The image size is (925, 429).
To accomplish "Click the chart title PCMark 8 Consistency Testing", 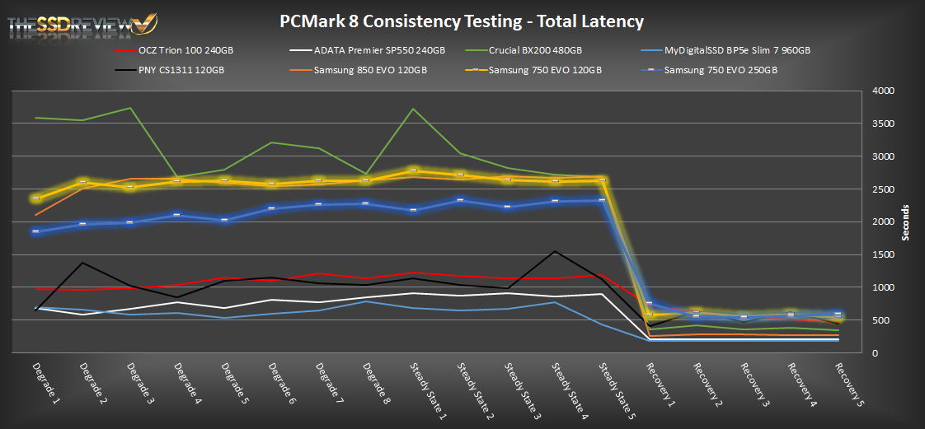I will click(462, 22).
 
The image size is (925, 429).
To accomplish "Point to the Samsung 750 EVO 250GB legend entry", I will click(721, 70).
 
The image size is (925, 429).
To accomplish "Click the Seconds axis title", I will click(904, 222).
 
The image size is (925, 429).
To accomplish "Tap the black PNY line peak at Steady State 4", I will click(556, 251).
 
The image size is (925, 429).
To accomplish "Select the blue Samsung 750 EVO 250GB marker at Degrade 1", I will click(36, 231).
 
